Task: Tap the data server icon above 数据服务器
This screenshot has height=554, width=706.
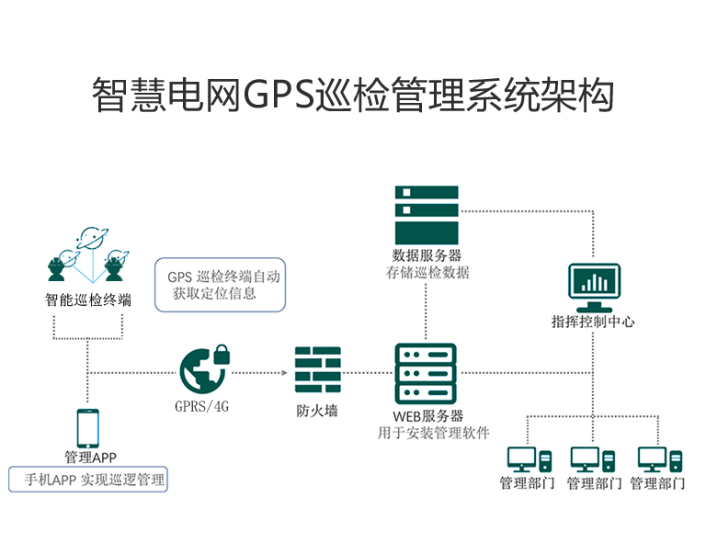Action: tap(426, 214)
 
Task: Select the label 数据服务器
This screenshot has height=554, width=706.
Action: tap(426, 254)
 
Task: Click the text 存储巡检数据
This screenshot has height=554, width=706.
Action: tap(427, 272)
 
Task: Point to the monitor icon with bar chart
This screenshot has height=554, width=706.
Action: tap(593, 287)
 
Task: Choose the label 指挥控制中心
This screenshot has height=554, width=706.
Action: tap(593, 322)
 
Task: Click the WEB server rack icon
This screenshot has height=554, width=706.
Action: tap(426, 372)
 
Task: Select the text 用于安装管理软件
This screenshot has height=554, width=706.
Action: tap(433, 434)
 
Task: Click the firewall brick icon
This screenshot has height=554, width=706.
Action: tap(317, 370)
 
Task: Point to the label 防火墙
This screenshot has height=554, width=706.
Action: tap(317, 410)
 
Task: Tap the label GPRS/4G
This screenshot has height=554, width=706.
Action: tap(201, 405)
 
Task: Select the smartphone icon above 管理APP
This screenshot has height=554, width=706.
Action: tap(89, 428)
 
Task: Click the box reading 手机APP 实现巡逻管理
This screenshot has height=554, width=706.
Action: tap(89, 480)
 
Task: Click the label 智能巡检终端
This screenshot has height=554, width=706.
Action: tap(88, 300)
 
